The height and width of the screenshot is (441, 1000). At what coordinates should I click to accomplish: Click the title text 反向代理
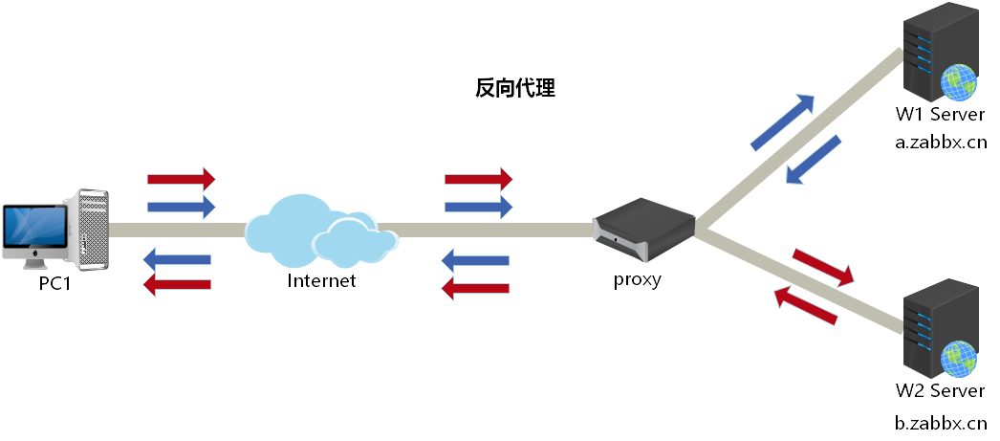(x=514, y=90)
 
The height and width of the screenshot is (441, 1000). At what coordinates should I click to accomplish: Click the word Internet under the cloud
(x=321, y=280)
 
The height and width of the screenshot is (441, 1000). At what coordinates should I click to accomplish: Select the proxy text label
(x=637, y=280)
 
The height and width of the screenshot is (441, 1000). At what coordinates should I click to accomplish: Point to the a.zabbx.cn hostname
(x=940, y=143)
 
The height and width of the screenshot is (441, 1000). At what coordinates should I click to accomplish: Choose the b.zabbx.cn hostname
(x=940, y=422)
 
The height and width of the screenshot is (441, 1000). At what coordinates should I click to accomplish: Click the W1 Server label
(x=940, y=116)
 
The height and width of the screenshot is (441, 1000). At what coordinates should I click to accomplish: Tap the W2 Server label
(x=940, y=391)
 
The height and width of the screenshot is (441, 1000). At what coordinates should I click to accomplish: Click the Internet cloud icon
(x=319, y=232)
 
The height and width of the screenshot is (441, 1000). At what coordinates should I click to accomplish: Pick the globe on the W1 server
(x=959, y=83)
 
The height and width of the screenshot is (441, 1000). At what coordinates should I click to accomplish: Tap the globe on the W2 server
(x=959, y=360)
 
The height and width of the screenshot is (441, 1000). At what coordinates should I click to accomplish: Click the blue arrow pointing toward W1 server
(x=783, y=122)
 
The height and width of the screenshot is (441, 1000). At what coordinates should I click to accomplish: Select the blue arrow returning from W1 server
(x=813, y=160)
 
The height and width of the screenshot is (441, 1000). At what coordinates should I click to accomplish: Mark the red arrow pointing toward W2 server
(x=823, y=268)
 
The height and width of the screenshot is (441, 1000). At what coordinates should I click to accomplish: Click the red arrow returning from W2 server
(x=806, y=305)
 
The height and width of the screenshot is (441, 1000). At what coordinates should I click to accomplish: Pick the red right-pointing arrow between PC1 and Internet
(x=182, y=179)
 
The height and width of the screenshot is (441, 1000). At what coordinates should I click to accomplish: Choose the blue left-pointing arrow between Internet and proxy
(x=477, y=259)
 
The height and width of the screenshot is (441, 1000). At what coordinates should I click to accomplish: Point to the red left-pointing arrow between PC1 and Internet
(x=176, y=283)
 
